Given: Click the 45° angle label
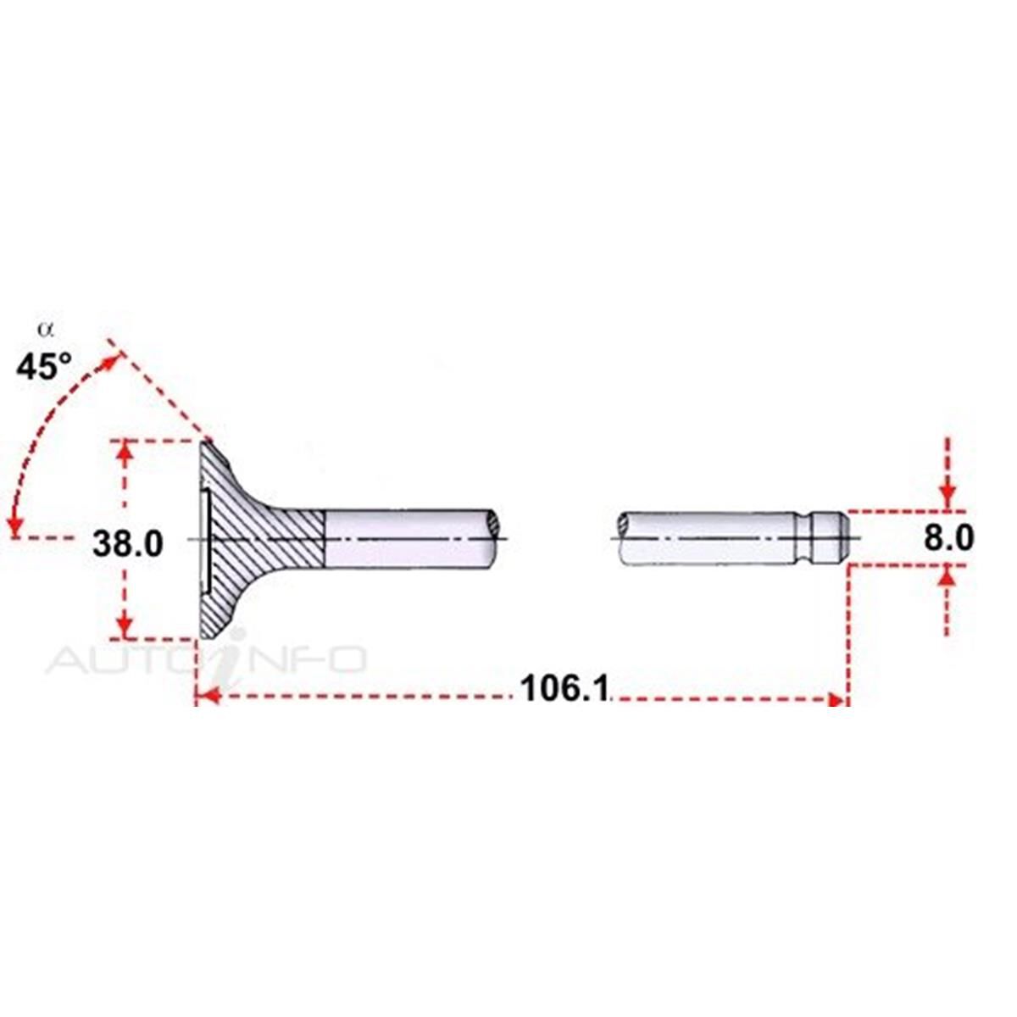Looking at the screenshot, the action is pyautogui.click(x=44, y=367).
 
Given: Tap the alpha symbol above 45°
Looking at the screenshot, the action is pyautogui.click(x=46, y=330).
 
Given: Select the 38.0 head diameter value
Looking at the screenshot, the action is pyautogui.click(x=128, y=544).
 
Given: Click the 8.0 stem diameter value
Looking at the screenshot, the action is pyautogui.click(x=948, y=539).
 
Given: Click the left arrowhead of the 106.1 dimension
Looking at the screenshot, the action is pyautogui.click(x=207, y=697).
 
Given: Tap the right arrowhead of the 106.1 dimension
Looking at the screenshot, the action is pyautogui.click(x=836, y=700).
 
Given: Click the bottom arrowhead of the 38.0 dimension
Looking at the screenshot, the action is pyautogui.click(x=125, y=627).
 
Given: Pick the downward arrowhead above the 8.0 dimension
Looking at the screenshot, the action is pyautogui.click(x=948, y=497).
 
